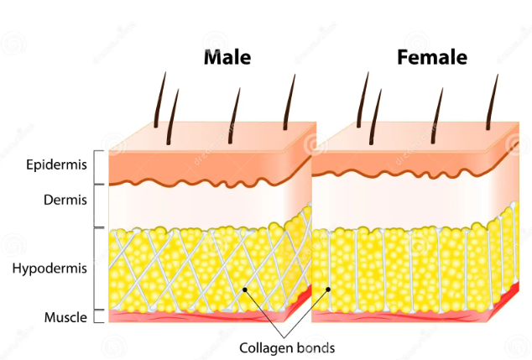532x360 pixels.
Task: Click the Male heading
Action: tap(227, 58)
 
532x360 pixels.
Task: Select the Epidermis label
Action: tap(55, 165)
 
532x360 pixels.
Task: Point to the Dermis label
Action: tap(65, 200)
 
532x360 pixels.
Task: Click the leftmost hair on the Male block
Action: tap(159, 101)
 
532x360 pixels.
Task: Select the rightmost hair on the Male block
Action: tap(289, 101)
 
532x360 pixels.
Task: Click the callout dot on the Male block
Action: tap(245, 290)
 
